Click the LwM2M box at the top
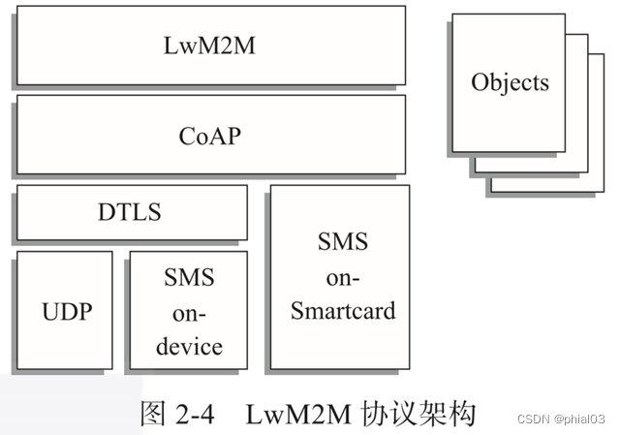(x=210, y=46)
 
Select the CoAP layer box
(x=210, y=135)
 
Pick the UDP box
(x=64, y=310)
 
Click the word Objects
(x=510, y=82)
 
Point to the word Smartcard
(x=343, y=311)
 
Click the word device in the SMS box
(x=190, y=346)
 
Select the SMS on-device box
(x=188, y=310)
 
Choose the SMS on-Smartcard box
(x=339, y=278)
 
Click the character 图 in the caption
(x=155, y=414)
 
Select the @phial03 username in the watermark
(x=581, y=419)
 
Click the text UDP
(x=64, y=311)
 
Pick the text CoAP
(x=210, y=135)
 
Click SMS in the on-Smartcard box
(x=343, y=241)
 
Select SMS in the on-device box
(x=190, y=278)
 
